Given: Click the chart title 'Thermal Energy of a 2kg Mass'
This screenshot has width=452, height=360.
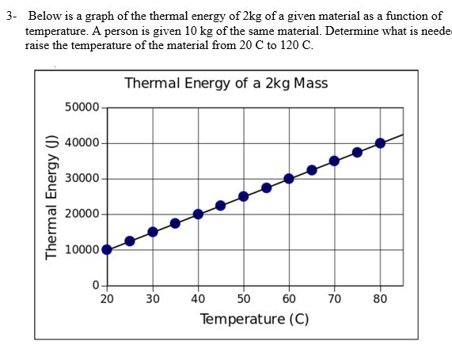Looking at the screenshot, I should coord(226,83).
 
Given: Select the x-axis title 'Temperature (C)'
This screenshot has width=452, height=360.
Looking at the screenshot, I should coord(254,319).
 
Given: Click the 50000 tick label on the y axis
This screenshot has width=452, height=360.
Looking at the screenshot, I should coord(82,108).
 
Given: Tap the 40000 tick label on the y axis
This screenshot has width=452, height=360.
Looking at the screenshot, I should coord(82,143).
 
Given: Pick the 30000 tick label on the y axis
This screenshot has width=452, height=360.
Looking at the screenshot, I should coord(82,179).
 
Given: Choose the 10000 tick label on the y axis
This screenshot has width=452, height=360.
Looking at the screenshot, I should coord(82,250).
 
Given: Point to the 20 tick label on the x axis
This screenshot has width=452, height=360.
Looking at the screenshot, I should coord(107,299).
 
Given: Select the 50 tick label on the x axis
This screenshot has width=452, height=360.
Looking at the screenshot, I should coord(244,299).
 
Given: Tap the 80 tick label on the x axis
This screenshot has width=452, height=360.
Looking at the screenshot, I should coord(381,299).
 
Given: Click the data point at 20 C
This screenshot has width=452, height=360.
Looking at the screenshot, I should coord(107,249).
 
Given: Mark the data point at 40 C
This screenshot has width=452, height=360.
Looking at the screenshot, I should coord(198,214).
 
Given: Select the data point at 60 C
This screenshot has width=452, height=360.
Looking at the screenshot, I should coord(289,178).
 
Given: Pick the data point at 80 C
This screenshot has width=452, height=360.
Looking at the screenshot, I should coord(380,142).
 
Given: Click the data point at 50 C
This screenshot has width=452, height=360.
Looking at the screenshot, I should coord(244,196).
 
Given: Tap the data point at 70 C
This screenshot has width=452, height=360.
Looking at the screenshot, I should coord(335,161).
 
